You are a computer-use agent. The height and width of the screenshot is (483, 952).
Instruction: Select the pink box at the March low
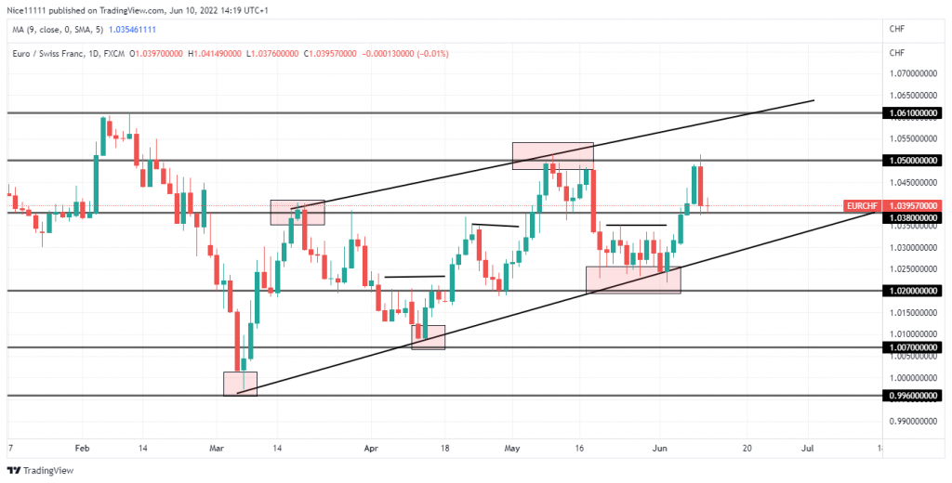coord(240,384)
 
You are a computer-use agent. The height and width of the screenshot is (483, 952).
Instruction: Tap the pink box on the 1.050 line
coord(552,155)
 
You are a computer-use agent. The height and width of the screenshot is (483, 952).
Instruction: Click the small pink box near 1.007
coord(429,337)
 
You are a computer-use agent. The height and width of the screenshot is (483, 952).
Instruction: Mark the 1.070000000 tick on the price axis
coord(911,72)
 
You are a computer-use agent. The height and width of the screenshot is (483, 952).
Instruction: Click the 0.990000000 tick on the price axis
coord(911,421)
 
